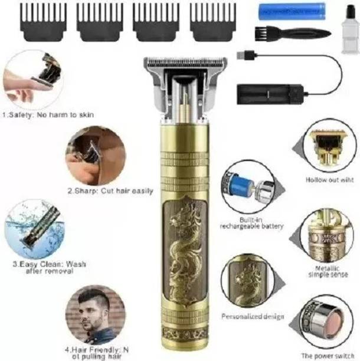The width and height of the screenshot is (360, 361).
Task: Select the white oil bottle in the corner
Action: pyautogui.click(x=351, y=29)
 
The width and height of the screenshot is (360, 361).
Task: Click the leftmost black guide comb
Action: pyautogui.click(x=41, y=22)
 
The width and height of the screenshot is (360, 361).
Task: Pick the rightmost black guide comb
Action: pyautogui.click(x=213, y=22)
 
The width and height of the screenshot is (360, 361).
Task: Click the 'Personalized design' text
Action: pyautogui.click(x=252, y=317)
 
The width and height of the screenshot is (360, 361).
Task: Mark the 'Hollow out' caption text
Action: pyautogui.click(x=329, y=180)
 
